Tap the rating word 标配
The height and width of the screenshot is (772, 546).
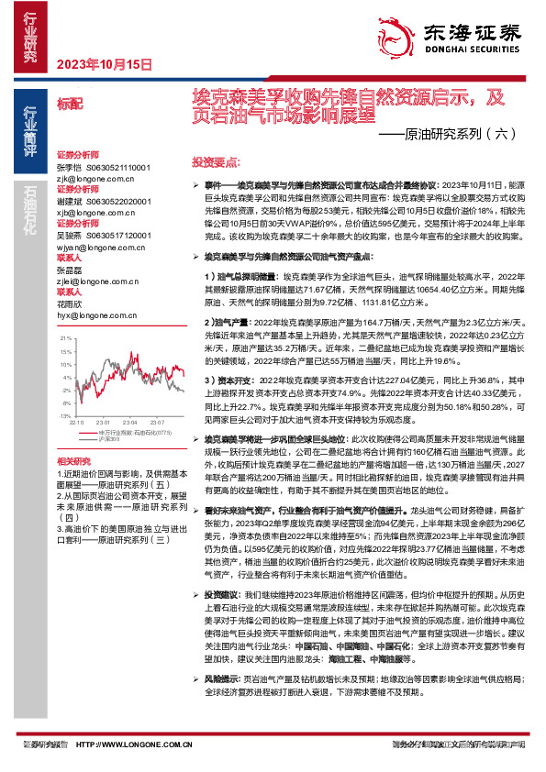click(x=69, y=104)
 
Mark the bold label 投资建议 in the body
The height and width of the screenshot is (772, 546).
click(x=223, y=619)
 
